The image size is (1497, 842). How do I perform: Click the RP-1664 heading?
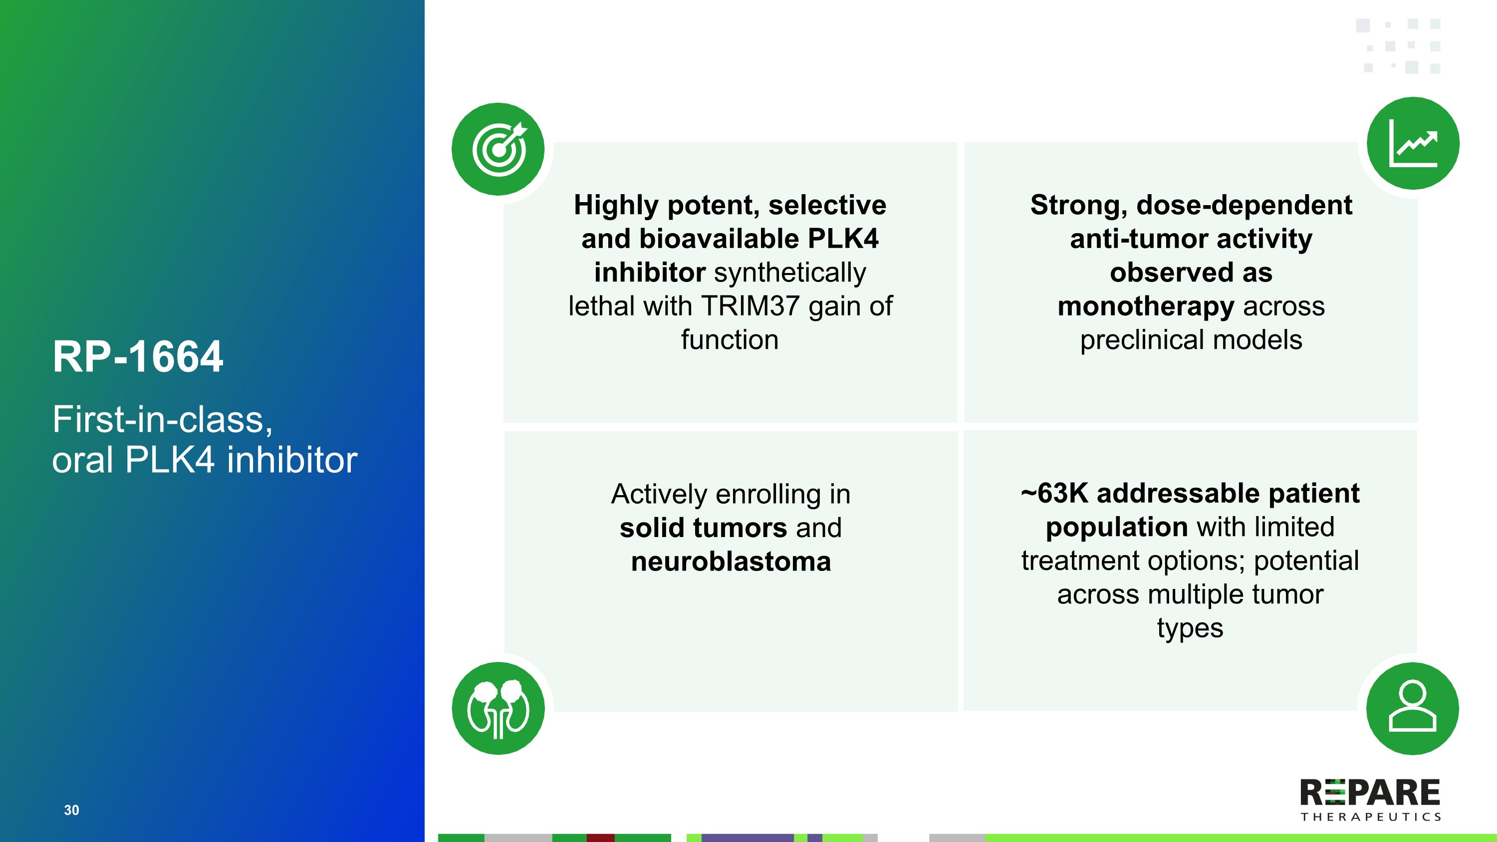coord(138,356)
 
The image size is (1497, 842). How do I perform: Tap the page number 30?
coord(71,810)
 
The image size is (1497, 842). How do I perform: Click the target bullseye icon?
coord(499,149)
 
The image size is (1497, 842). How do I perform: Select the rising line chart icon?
coord(1413,143)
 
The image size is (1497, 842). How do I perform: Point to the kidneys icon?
coord(498,708)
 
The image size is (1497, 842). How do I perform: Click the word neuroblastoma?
coord(731,562)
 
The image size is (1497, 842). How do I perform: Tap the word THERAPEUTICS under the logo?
coord(1370,817)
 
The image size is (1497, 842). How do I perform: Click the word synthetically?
coord(790,273)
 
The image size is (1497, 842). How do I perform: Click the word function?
coord(730,340)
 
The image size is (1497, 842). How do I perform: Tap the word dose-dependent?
coord(1244,206)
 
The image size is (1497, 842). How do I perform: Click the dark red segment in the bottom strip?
coord(601,838)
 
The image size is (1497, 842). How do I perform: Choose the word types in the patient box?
coord(1190,629)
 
